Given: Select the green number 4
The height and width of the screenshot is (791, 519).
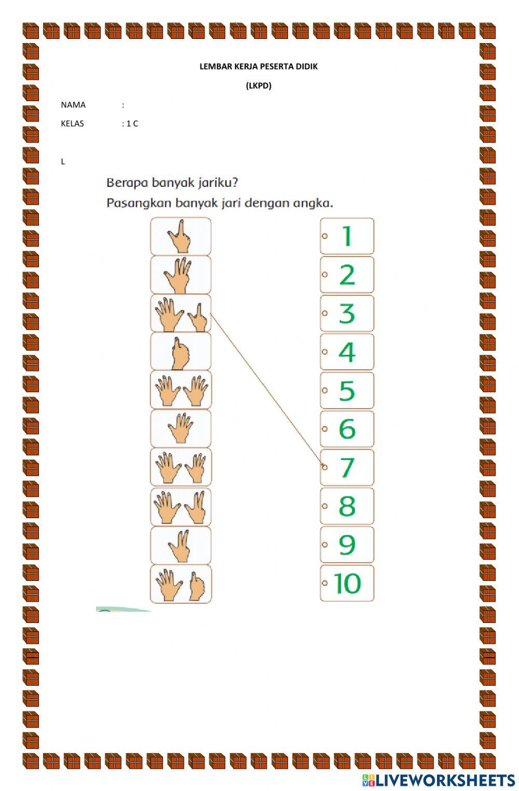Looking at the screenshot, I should [347, 352].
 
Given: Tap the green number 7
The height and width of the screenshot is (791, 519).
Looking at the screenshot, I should [347, 467].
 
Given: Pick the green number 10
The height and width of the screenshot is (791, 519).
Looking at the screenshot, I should [347, 583].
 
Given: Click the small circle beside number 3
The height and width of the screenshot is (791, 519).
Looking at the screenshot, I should [325, 313].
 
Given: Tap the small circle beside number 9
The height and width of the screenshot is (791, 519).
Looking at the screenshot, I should [325, 544].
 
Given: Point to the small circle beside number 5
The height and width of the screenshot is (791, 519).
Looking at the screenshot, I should [325, 390].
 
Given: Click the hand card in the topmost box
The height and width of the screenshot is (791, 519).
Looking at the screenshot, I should [180, 236].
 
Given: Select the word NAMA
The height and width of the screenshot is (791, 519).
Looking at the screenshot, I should [73, 105].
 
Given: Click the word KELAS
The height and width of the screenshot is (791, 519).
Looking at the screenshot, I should [72, 123].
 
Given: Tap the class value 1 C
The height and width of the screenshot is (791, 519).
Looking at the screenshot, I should [132, 123].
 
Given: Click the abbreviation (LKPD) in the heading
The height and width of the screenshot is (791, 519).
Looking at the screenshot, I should [258, 86].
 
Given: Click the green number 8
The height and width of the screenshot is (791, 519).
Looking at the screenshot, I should [347, 506].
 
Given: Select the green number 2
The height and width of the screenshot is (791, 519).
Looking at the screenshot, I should [347, 274].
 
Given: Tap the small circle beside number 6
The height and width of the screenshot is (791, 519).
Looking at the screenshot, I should [325, 428].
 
